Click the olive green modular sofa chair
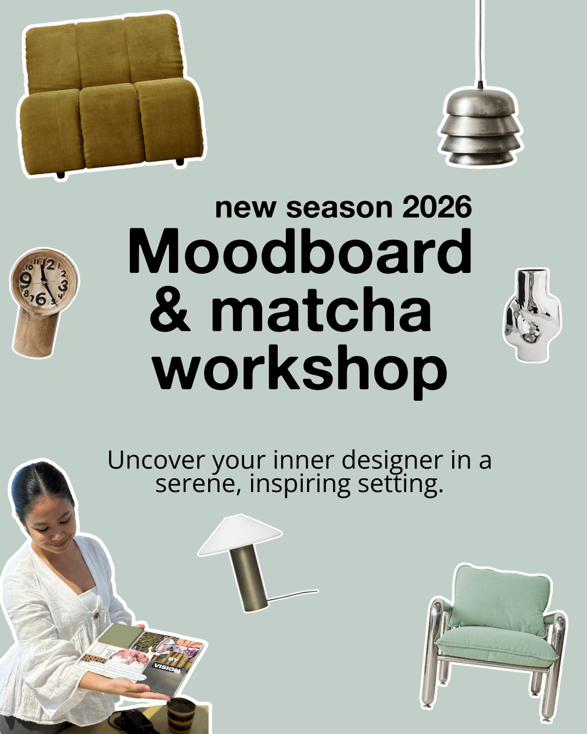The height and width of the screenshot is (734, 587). click(x=109, y=95)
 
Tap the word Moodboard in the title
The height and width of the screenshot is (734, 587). click(x=300, y=252)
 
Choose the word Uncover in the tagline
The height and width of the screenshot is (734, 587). click(x=155, y=461)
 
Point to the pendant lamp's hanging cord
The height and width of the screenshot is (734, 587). click(x=479, y=38)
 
